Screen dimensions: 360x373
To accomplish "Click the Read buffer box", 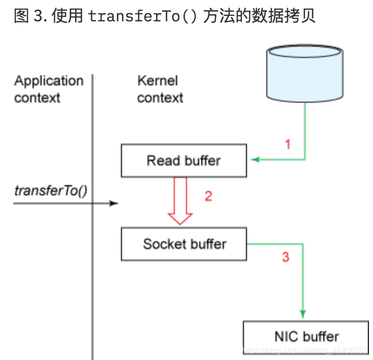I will point(183,161).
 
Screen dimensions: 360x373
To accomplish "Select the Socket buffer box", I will point(183,244).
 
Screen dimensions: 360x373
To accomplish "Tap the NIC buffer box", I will point(306,336).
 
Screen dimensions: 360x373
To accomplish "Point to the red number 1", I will point(288,144).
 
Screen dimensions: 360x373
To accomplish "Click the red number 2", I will point(208,196).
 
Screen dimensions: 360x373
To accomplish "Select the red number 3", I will point(286,257).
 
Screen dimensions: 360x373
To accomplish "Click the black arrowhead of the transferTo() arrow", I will point(114,203).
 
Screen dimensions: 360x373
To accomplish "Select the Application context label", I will point(48,89).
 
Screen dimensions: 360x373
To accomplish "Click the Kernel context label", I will point(160,89).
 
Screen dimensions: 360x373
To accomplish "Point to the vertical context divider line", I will point(92,254).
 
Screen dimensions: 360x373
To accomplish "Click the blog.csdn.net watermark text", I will point(305,351).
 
